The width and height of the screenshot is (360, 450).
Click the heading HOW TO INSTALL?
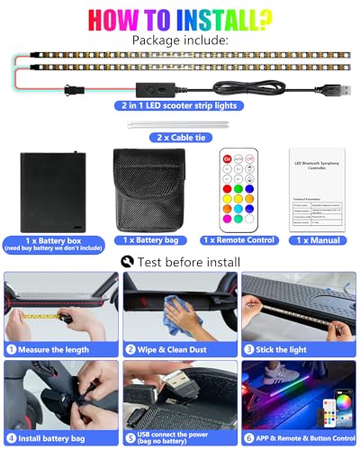180,18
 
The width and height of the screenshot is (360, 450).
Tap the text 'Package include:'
180,40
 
